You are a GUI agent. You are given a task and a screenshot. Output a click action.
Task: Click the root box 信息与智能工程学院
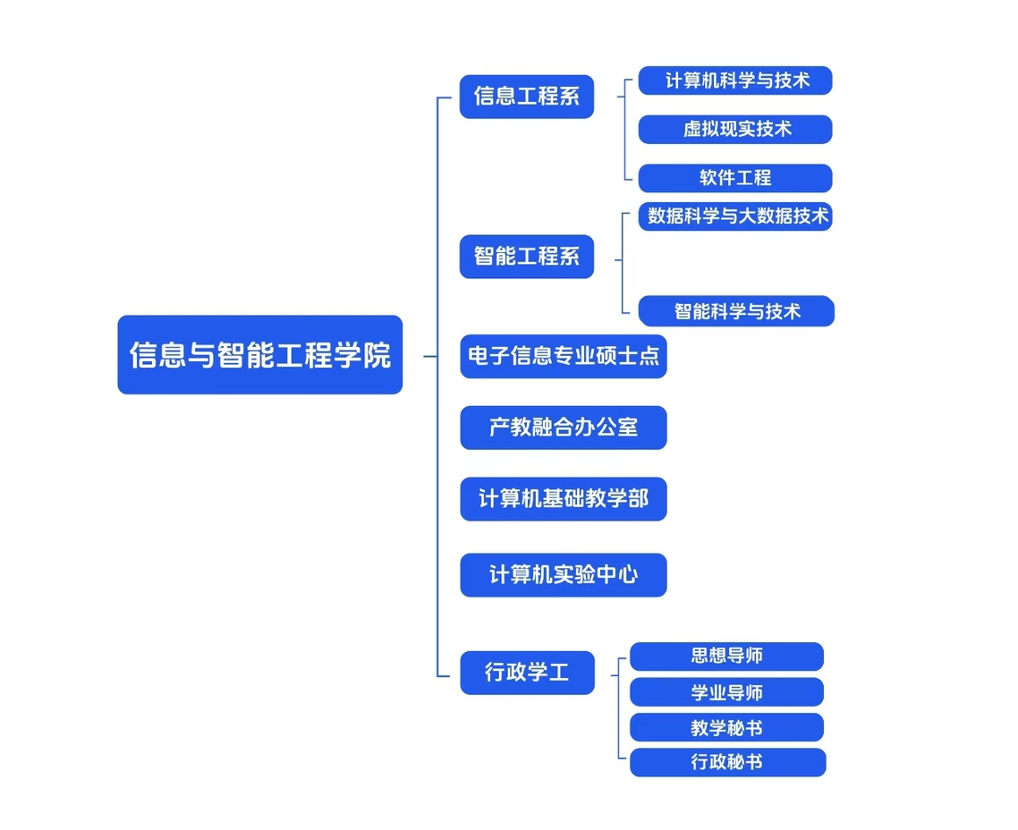[259, 354]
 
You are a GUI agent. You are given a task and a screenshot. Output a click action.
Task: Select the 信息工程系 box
[527, 97]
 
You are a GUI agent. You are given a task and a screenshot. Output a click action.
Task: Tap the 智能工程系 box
[527, 257]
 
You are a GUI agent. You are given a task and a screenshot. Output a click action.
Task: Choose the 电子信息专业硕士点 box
[564, 356]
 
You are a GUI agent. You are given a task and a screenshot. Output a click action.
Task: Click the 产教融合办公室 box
[564, 428]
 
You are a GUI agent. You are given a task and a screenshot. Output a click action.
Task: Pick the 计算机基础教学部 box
[564, 499]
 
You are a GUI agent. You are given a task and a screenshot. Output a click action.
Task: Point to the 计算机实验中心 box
[564, 575]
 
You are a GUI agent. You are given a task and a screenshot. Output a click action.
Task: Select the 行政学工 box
[527, 673]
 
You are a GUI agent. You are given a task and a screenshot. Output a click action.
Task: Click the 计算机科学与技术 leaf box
[735, 80]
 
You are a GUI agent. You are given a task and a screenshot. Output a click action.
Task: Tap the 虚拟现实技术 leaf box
[735, 129]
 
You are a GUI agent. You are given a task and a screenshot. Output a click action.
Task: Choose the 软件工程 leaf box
[735, 178]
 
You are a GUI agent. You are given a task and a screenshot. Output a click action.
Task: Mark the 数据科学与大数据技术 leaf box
[735, 216]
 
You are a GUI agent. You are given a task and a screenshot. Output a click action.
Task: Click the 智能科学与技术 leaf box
[736, 311]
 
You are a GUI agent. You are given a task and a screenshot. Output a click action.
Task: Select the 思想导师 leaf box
[726, 656]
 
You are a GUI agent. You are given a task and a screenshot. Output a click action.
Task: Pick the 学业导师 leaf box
[726, 691]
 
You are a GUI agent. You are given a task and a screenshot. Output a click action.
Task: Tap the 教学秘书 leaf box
[726, 727]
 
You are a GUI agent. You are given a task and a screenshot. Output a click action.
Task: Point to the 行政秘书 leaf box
[728, 762]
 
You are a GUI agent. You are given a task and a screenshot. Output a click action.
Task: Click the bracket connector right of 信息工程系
[624, 129]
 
